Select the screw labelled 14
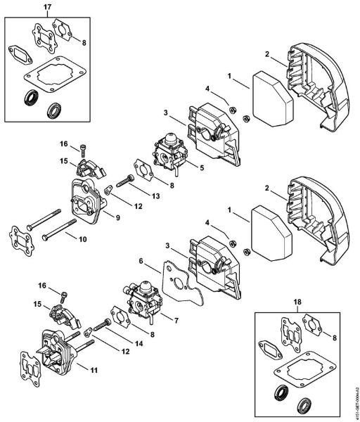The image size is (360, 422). coord(101,326)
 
